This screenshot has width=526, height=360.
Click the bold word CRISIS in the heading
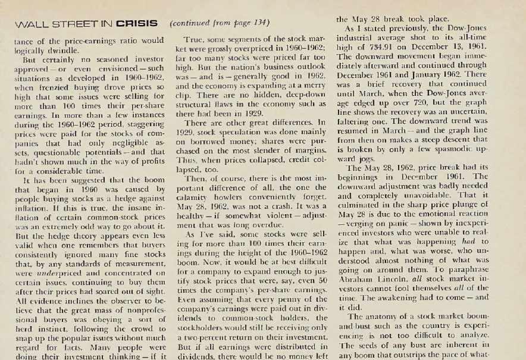(x=137, y=24)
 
